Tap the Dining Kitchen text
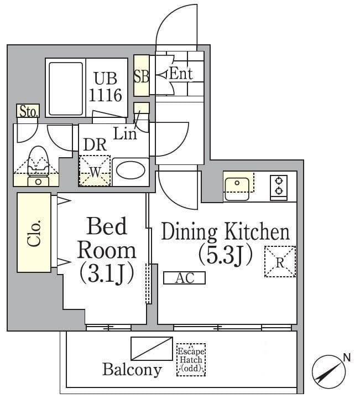(x=226, y=232)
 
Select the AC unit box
(x=184, y=278)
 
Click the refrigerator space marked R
(x=280, y=261)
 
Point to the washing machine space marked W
(x=95, y=170)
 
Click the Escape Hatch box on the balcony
(x=191, y=360)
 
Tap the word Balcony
(x=132, y=370)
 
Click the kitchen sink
(x=237, y=188)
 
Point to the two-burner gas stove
(x=279, y=188)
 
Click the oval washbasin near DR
(x=132, y=169)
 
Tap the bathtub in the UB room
(x=66, y=89)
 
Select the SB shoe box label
(x=141, y=76)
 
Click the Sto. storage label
(x=28, y=111)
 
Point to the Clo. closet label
(x=34, y=232)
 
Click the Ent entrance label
(x=181, y=74)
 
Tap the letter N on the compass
(x=347, y=358)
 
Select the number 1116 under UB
(x=106, y=95)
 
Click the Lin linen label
(x=125, y=133)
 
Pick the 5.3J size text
(x=226, y=255)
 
